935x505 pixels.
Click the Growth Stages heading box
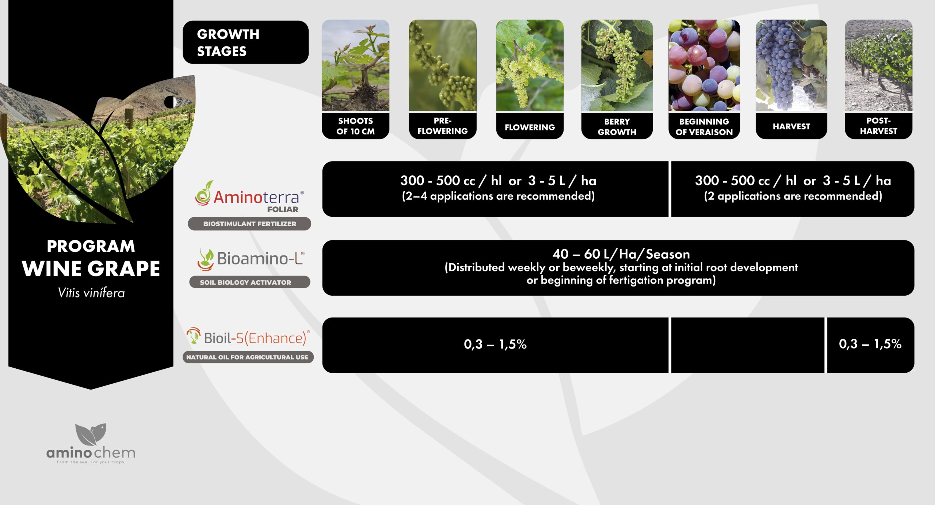pos(245,42)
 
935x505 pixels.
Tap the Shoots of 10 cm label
pos(355,126)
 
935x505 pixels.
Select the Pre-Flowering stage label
pos(443,126)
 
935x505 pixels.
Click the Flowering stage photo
pos(530,65)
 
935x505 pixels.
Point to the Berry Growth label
pos(617,126)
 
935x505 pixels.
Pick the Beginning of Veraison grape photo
pos(704,65)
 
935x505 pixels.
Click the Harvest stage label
pos(791,126)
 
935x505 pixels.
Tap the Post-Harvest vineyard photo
pos(878,65)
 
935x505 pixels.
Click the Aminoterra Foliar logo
pos(249,197)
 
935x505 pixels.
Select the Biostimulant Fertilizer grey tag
pos(249,224)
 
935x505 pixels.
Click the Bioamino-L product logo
pos(251,259)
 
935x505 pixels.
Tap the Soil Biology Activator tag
pos(249,282)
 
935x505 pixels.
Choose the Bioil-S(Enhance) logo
pos(248,337)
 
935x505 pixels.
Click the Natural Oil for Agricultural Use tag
pos(248,357)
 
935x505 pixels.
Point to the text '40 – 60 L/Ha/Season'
pos(621,254)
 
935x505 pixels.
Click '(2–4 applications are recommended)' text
pos(498,196)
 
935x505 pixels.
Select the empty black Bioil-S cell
pos(748,345)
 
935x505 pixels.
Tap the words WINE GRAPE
pos(91,269)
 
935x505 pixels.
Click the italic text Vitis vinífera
pos(91,293)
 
